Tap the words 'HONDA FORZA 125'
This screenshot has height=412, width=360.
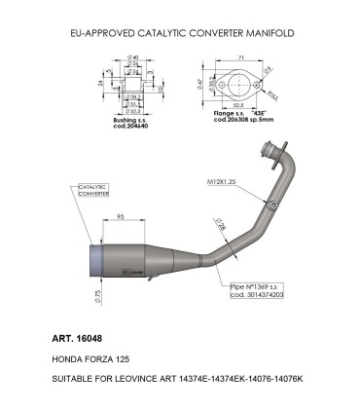[x=98, y=359]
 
